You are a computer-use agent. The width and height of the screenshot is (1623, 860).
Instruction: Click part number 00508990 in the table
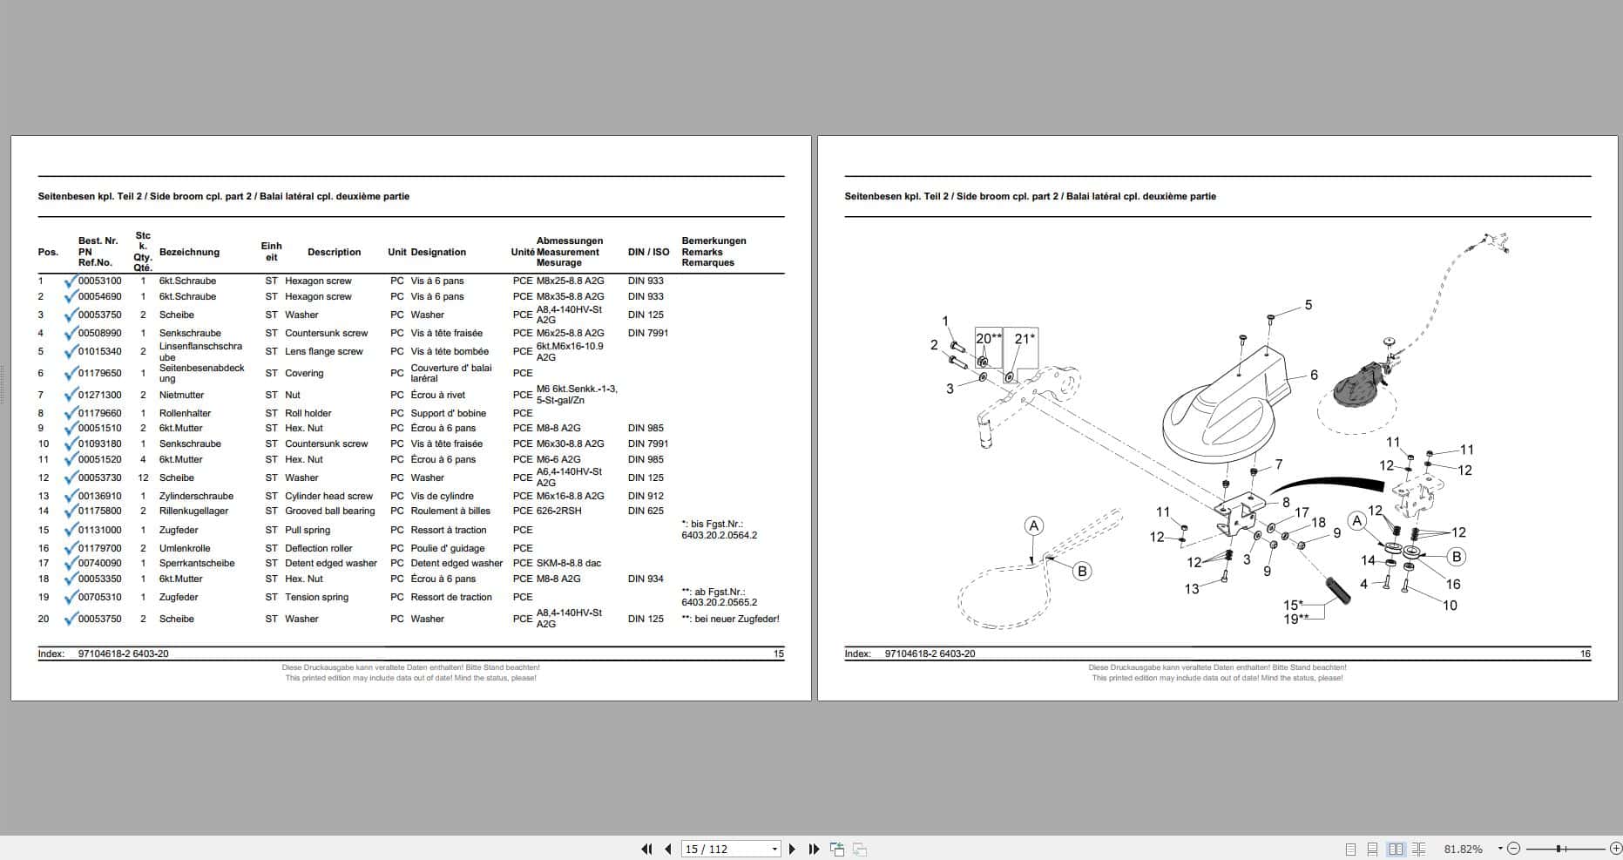point(99,333)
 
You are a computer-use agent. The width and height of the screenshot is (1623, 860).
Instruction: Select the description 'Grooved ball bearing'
point(329,511)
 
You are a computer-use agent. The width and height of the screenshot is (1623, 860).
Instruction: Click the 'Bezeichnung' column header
point(189,252)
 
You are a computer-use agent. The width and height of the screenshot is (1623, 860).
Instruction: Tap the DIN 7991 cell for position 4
point(647,333)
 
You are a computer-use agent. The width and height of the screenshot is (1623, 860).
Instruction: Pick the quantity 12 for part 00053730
point(143,477)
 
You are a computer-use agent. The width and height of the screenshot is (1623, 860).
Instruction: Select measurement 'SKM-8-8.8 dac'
point(568,563)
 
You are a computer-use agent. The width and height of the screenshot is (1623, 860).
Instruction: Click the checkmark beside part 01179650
point(70,373)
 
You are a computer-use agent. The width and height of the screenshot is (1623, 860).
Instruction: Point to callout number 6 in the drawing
point(1314,375)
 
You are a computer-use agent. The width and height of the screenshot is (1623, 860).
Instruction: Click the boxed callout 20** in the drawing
point(988,338)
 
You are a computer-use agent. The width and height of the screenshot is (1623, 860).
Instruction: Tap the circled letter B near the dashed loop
point(1082,571)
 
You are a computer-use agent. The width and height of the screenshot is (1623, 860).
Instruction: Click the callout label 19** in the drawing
point(1295,619)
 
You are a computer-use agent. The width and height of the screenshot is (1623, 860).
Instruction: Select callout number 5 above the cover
point(1308,305)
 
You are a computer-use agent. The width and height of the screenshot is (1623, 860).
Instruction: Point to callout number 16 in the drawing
point(1453,584)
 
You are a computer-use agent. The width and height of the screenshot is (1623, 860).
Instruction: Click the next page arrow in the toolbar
point(792,849)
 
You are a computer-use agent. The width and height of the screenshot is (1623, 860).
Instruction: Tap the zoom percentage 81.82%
point(1463,849)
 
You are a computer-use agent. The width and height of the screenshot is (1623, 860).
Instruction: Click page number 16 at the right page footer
point(1585,653)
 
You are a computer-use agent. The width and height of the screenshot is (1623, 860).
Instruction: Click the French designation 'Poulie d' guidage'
point(447,548)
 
